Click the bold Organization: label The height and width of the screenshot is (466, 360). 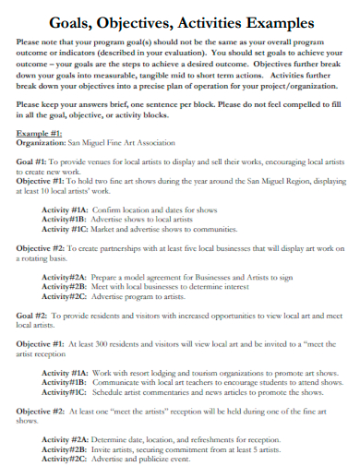(42, 143)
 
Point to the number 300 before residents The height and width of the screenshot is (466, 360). (99, 342)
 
